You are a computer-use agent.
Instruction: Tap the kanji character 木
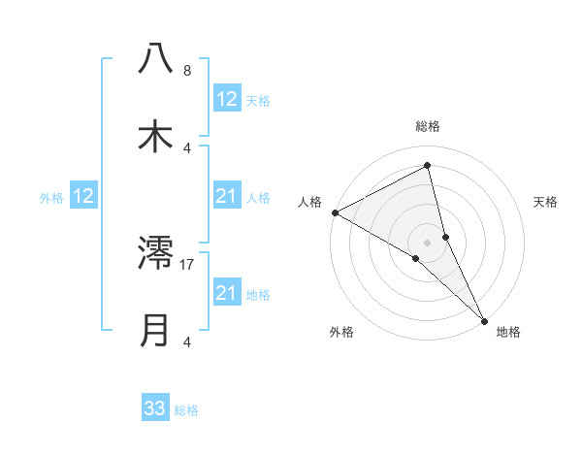pyautogui.click(x=156, y=136)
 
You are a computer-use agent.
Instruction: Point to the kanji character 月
pyautogui.click(x=156, y=331)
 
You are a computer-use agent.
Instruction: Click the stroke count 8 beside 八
pyautogui.click(x=186, y=70)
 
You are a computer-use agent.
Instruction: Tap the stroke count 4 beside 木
pyautogui.click(x=186, y=147)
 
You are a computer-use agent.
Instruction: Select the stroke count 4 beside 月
pyautogui.click(x=186, y=342)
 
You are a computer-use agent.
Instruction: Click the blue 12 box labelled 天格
pyautogui.click(x=227, y=99)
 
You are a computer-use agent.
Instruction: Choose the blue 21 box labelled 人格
pyautogui.click(x=227, y=197)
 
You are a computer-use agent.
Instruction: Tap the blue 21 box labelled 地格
pyautogui.click(x=227, y=293)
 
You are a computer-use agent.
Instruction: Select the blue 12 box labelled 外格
pyautogui.click(x=83, y=197)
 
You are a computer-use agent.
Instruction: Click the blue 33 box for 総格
pyautogui.click(x=155, y=408)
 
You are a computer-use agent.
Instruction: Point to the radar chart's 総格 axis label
pyautogui.click(x=428, y=126)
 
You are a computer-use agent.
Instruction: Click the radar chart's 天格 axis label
pyautogui.click(x=546, y=202)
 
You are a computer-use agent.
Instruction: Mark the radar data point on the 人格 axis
pyautogui.click(x=335, y=212)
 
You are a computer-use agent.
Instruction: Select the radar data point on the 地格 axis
pyautogui.click(x=484, y=319)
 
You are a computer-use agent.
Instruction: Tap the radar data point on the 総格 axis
pyautogui.click(x=428, y=166)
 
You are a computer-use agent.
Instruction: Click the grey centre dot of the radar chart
pyautogui.click(x=428, y=241)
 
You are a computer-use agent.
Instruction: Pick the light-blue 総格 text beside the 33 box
pyautogui.click(x=186, y=410)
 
